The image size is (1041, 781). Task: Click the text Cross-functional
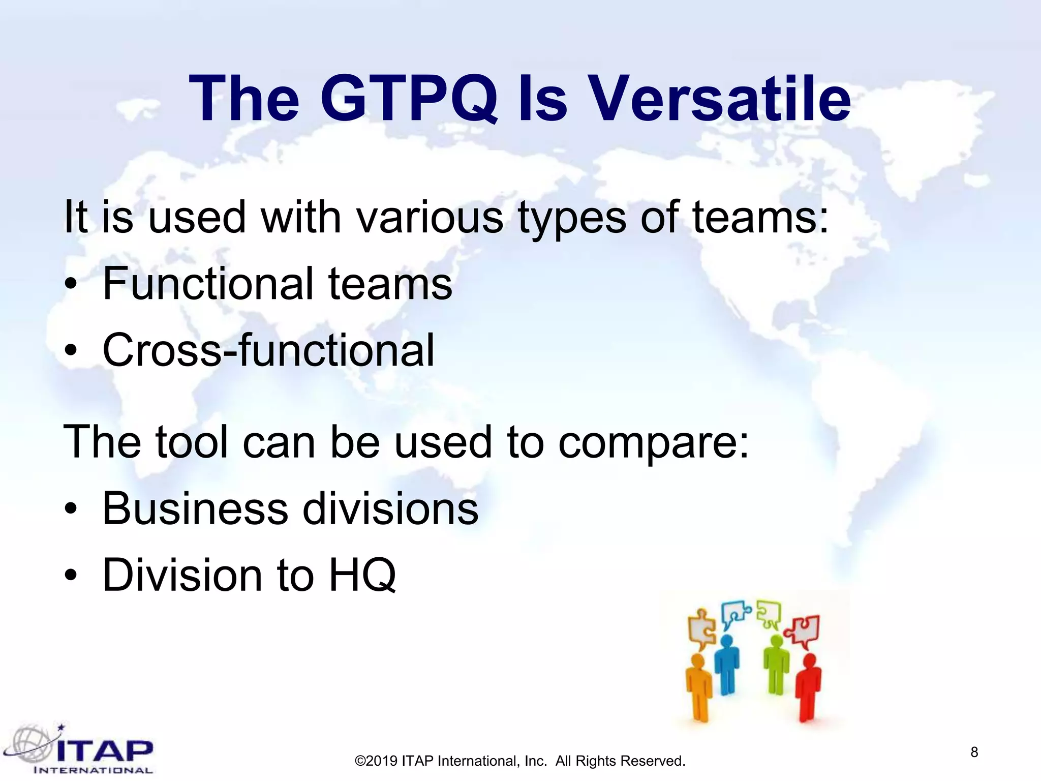tap(268, 350)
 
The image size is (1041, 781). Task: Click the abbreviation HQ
tap(362, 575)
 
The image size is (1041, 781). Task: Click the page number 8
tap(974, 752)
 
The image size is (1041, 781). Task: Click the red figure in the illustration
tap(807, 686)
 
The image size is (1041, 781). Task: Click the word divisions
tap(390, 508)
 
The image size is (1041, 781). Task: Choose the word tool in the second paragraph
tap(192, 441)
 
